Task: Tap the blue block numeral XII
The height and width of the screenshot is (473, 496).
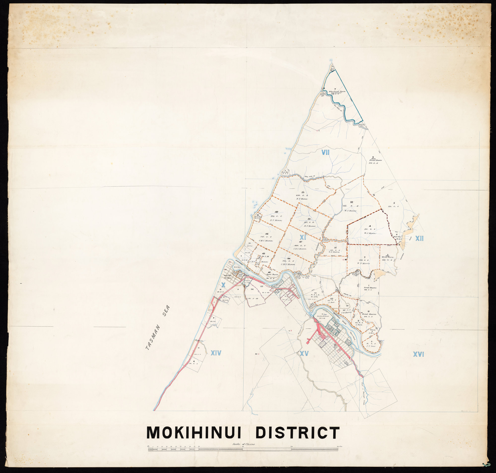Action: (x=419, y=238)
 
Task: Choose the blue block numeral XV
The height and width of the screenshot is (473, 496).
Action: (x=304, y=354)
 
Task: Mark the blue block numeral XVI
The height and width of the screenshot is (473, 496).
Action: (x=418, y=355)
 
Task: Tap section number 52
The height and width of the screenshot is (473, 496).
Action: (x=352, y=202)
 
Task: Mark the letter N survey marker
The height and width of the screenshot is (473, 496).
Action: (x=374, y=195)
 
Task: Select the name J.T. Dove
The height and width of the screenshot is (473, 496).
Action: (x=371, y=346)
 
